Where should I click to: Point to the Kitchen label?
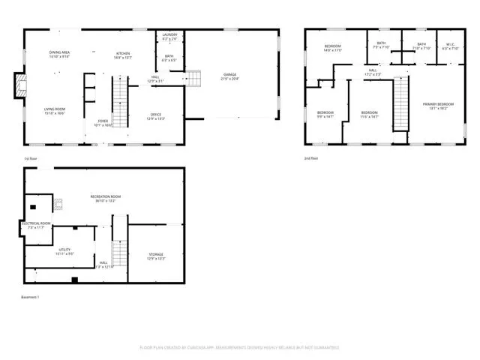point(123,54)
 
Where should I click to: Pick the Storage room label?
point(155,256)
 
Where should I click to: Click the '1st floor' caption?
point(31,159)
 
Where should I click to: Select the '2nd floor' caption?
point(311,159)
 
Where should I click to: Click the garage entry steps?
point(193,78)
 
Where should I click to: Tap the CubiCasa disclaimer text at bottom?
point(239,347)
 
